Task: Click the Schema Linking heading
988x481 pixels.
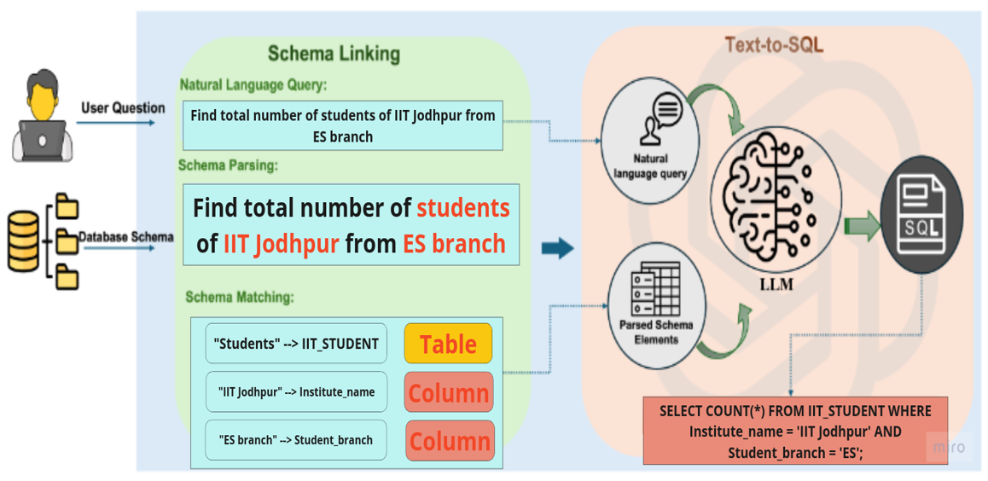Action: pyautogui.click(x=334, y=54)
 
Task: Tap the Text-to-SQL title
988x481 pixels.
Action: pyautogui.click(x=775, y=44)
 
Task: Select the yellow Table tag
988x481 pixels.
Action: pyautogui.click(x=448, y=343)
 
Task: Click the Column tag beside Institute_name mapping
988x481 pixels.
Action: pyautogui.click(x=449, y=392)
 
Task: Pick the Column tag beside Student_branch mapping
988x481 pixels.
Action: pyautogui.click(x=450, y=440)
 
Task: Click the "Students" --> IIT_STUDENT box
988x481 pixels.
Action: pyautogui.click(x=296, y=343)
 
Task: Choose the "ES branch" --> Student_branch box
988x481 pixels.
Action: pyautogui.click(x=295, y=439)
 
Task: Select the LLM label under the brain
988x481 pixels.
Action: pyautogui.click(x=776, y=285)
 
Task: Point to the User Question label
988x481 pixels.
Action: pyautogui.click(x=123, y=108)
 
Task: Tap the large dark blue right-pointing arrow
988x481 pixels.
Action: pyautogui.click(x=558, y=249)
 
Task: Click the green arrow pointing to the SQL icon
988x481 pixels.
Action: pyautogui.click(x=862, y=226)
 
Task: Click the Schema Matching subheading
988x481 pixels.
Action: pyautogui.click(x=240, y=297)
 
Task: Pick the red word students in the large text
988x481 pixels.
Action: pyautogui.click(x=463, y=208)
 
